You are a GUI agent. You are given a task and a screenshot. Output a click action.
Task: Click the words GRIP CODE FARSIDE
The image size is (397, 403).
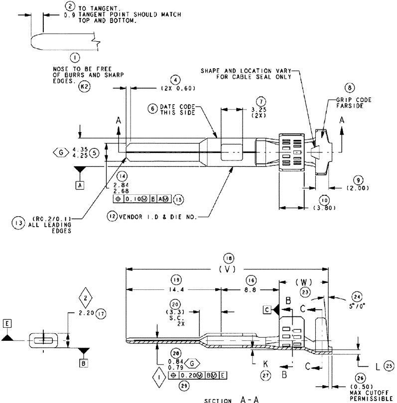pyautogui.click(x=357, y=103)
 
